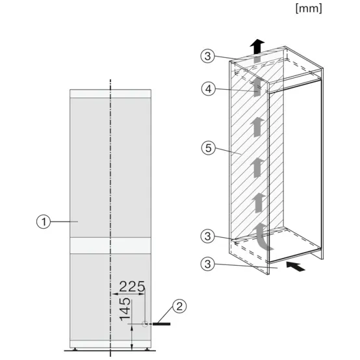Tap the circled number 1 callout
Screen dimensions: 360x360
point(44,222)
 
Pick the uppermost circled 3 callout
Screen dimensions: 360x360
point(207,57)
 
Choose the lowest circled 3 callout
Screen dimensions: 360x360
point(207,264)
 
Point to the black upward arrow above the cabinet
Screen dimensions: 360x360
point(259,45)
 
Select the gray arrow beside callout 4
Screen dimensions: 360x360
point(259,85)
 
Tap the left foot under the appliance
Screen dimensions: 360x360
point(77,349)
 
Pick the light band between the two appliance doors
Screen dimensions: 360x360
point(111,245)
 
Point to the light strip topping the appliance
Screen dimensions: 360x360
point(111,93)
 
